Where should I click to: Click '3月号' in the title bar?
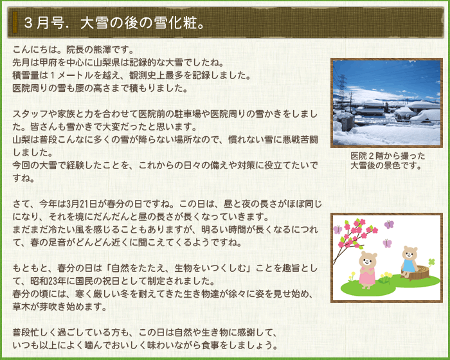tap(44, 23)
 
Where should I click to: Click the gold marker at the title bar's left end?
tap(15, 22)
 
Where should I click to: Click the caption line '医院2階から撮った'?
tap(388, 156)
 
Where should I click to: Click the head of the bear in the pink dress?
tap(368, 259)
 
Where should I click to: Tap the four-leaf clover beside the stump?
tap(431, 262)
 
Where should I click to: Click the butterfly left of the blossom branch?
tap(337, 230)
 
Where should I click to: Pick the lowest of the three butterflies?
tap(387, 243)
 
